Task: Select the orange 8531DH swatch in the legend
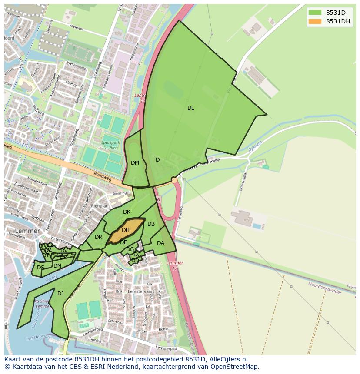point(315,21)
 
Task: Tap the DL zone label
point(190,108)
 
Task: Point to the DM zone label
point(135,163)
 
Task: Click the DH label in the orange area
point(125,230)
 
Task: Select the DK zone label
point(127,212)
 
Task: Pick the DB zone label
point(151,224)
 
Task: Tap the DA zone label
point(160,243)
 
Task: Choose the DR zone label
point(98,237)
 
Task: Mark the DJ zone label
point(60,294)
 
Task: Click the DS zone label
point(40,268)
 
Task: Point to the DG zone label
point(130,249)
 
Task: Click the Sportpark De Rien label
point(110,145)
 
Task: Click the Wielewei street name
point(76,27)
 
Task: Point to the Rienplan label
point(100,206)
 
